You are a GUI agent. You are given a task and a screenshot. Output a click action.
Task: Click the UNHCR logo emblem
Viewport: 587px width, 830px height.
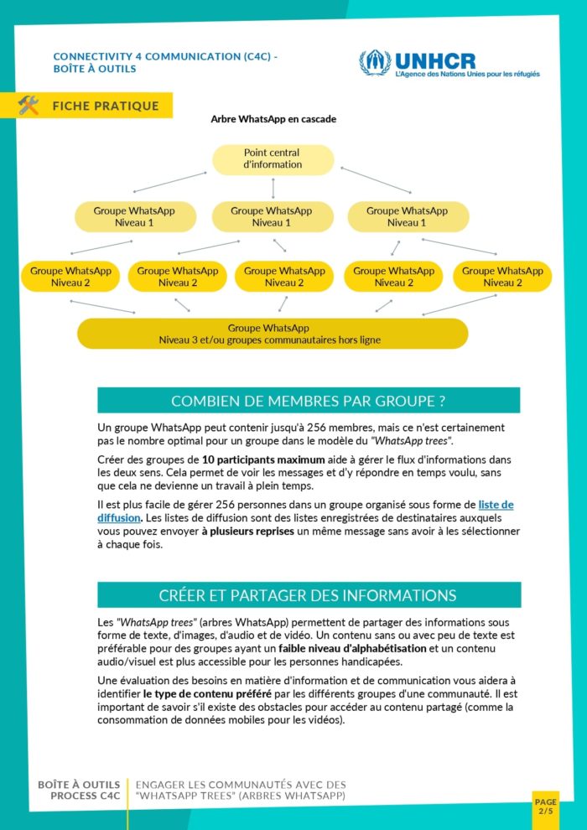click(x=375, y=62)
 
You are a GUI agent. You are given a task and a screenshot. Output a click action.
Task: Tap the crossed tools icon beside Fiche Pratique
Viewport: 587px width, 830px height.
click(x=29, y=106)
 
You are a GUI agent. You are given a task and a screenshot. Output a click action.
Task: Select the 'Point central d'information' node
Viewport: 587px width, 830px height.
click(x=273, y=159)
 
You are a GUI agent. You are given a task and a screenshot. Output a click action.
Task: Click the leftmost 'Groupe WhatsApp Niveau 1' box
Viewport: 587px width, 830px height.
click(x=135, y=217)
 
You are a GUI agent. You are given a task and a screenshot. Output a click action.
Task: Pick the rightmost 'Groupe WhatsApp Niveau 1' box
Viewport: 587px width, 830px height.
click(x=408, y=217)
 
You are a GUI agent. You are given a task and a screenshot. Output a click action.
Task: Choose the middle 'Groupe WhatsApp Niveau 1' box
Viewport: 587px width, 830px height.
click(x=273, y=217)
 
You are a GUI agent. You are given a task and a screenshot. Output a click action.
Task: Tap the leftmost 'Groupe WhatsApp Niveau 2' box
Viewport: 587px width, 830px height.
click(x=70, y=277)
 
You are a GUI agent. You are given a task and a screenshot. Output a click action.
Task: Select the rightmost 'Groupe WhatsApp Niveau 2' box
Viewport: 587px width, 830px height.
click(x=502, y=277)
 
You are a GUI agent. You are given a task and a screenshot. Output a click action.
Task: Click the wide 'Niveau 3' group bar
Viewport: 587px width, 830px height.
click(x=273, y=334)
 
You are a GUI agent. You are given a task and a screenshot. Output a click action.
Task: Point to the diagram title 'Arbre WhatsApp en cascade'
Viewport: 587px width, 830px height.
click(x=273, y=119)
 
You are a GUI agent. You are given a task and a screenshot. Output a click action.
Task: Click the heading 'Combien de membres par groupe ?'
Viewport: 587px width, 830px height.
click(x=308, y=401)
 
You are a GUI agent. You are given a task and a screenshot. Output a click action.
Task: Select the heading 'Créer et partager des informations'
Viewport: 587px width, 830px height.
click(x=308, y=595)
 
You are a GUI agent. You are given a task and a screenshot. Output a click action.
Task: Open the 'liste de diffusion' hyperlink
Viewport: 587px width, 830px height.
click(x=495, y=505)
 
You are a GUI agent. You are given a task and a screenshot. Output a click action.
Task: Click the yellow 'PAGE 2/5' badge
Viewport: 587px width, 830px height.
click(x=545, y=807)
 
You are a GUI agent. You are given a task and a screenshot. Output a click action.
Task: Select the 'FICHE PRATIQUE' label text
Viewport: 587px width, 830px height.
click(x=105, y=106)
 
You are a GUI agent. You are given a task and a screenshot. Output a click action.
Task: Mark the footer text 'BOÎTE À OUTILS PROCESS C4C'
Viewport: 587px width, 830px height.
click(x=79, y=790)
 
